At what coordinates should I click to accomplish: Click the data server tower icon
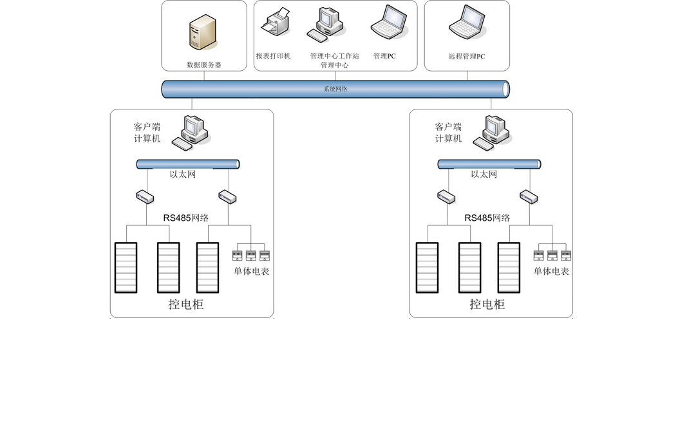[x=203, y=32]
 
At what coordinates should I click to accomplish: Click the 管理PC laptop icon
[x=390, y=23]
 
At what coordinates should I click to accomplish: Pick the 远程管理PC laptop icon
[x=467, y=23]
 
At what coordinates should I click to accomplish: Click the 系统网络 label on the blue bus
[x=335, y=89]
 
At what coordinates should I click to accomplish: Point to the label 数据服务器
[x=204, y=64]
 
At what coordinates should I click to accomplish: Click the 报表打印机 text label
[x=274, y=56]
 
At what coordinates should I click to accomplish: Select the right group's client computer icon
[x=493, y=133]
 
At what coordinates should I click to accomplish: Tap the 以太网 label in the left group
[x=182, y=174]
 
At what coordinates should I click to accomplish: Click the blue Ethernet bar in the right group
[x=489, y=164]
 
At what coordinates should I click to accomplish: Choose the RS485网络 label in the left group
[x=186, y=218]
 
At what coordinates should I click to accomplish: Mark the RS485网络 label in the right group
[x=487, y=218]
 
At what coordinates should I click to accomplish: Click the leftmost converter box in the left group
[x=145, y=196]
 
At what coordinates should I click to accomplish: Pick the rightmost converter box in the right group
[x=529, y=197]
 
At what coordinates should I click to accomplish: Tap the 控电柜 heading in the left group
[x=186, y=305]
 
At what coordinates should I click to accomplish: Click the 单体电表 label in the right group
[x=551, y=271]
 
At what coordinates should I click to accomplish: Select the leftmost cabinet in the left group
[x=126, y=267]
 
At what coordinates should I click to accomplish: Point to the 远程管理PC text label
[x=467, y=57]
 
